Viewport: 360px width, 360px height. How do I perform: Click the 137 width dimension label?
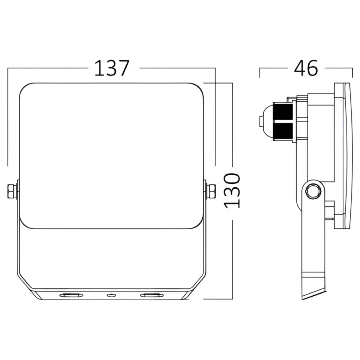[x=112, y=68]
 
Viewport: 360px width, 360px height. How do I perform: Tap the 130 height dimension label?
[x=232, y=191]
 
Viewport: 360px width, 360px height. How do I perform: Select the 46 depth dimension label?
[x=306, y=68]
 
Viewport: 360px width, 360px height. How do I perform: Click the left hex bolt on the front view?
[x=12, y=191]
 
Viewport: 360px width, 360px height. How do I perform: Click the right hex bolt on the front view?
[x=211, y=191]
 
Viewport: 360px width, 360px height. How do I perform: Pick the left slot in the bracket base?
[x=71, y=295]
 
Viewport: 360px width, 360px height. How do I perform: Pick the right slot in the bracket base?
[x=152, y=295]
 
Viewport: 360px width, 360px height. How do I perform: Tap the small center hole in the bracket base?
[x=111, y=295]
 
